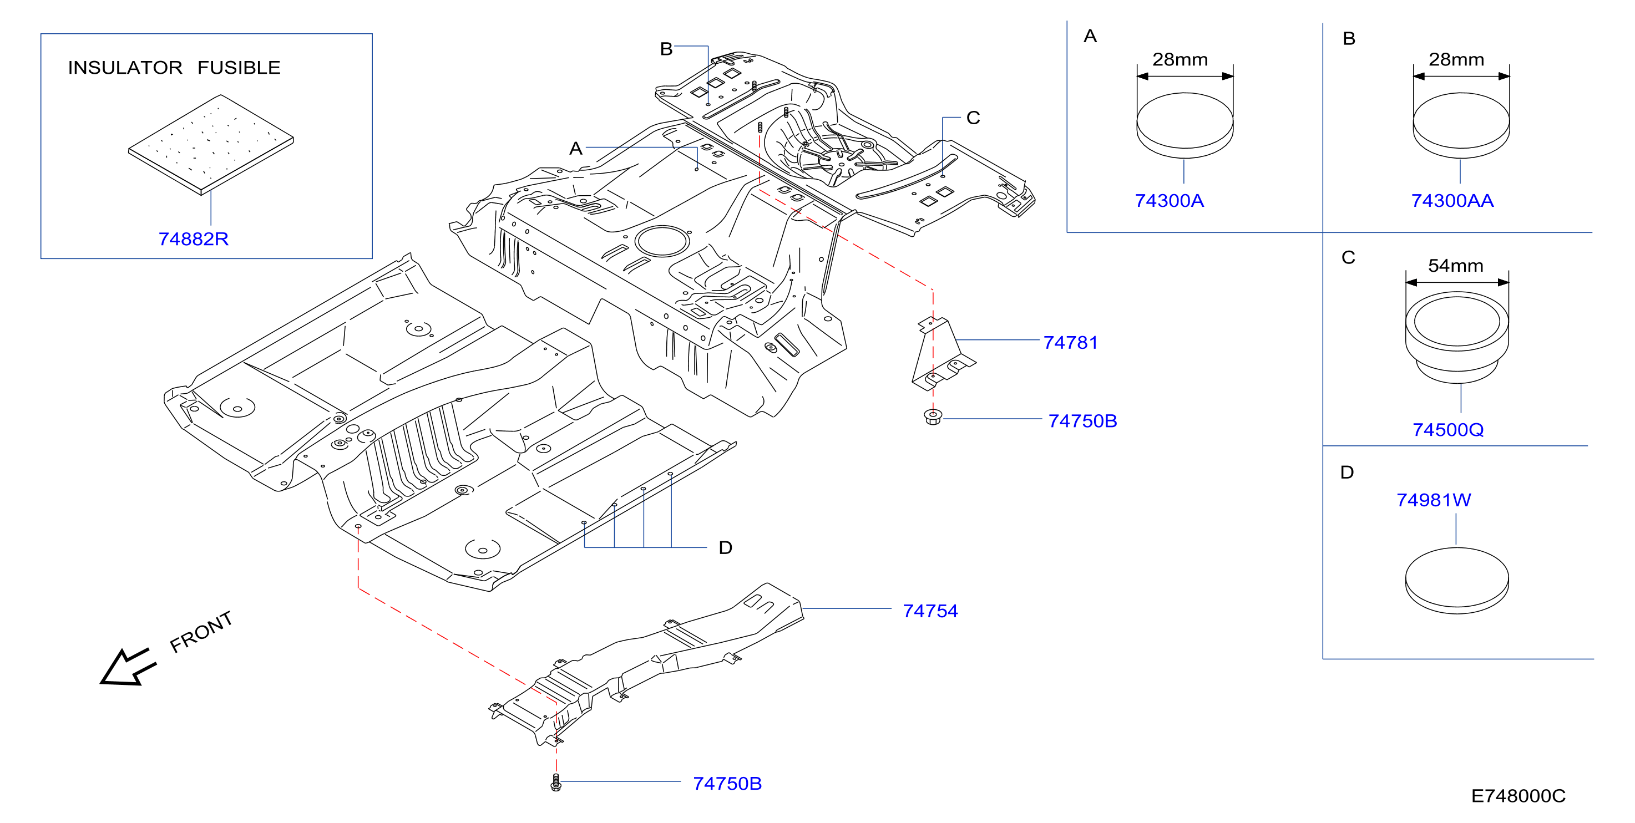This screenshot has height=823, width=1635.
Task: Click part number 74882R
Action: pos(193,239)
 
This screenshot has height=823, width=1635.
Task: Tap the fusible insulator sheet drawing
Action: pos(211,144)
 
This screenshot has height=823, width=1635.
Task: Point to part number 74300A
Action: pos(1169,201)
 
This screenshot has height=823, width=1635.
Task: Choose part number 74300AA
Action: pos(1452,201)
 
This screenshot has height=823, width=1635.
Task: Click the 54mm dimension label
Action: pos(1455,265)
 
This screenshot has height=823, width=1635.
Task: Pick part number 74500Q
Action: pos(1448,430)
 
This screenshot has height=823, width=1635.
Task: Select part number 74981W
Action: pos(1433,500)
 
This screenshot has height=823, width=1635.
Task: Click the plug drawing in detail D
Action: pos(1457,580)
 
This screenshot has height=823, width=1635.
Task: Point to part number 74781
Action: pos(1071,343)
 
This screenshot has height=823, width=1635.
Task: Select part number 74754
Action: pos(930,611)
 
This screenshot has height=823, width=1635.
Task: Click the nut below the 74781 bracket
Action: pos(933,417)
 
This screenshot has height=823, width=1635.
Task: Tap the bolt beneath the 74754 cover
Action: pos(556,783)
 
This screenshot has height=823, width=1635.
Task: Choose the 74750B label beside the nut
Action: pos(1083,421)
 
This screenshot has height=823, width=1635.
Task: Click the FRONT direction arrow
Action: pos(128,668)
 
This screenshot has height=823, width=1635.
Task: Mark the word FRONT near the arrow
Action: pos(201,632)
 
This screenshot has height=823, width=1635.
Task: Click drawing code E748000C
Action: pos(1518,796)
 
